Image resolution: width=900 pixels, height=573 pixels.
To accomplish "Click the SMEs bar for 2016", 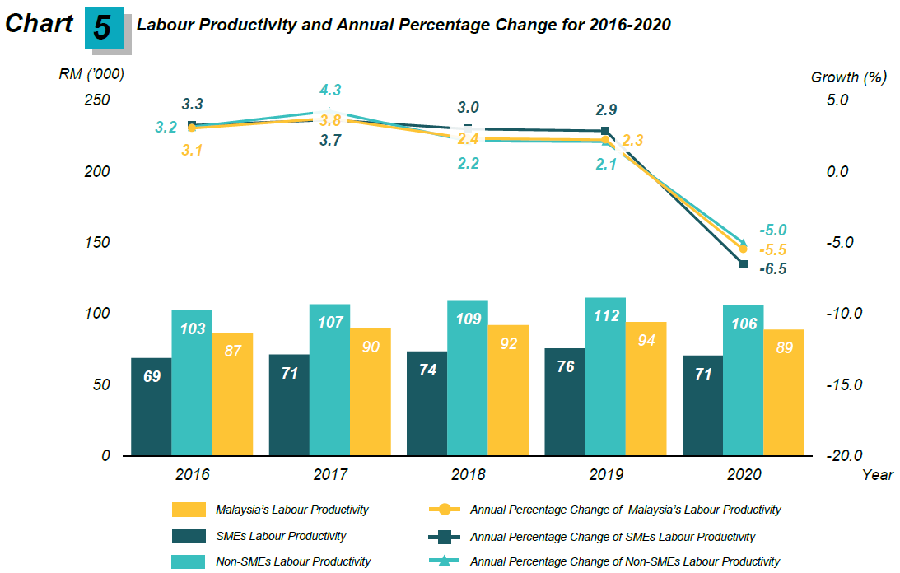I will [152, 407].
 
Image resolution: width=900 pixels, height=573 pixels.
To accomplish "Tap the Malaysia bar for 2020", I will [784, 392].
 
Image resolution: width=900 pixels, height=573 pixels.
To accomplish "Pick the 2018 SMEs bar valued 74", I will [427, 403].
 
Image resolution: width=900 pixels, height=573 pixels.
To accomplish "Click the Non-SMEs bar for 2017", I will [330, 380].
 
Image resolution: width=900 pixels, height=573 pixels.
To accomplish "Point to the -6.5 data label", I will [772, 269].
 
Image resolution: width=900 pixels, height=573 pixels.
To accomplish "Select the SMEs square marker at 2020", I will [743, 264].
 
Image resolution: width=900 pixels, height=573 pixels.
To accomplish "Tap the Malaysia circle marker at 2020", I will [743, 249].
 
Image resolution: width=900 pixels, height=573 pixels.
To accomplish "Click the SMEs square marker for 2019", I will [605, 131].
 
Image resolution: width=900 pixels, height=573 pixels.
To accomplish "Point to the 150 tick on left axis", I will [98, 243].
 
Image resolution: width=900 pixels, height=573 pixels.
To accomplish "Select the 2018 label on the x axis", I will [468, 475].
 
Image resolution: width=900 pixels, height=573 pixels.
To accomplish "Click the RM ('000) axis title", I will [91, 75].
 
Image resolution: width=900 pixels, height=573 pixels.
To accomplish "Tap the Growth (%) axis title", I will [848, 77].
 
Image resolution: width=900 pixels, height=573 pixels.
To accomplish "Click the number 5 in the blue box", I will [102, 28].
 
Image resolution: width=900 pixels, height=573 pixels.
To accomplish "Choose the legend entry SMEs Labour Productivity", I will [280, 537].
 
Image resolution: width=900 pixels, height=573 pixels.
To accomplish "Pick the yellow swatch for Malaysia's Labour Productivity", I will [189, 510].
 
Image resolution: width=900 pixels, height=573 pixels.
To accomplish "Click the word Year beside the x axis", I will [877, 475].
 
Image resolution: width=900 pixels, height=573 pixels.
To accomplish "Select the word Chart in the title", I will [39, 24].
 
